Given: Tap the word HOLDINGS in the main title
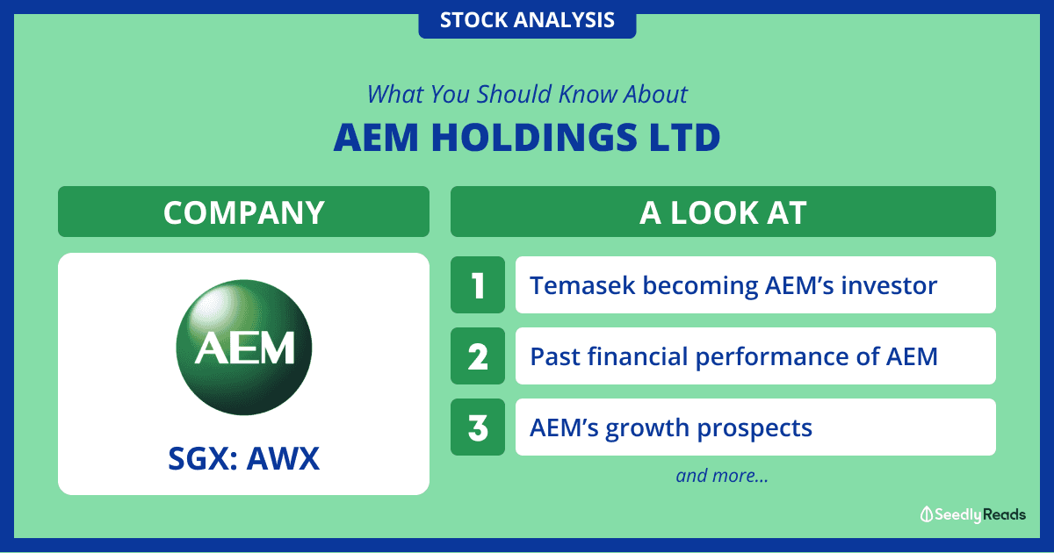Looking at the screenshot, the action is [x=535, y=138].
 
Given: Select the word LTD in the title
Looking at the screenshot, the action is [x=684, y=138].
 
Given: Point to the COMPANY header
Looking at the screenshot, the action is [x=244, y=212].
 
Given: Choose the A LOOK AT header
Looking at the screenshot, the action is [x=723, y=212].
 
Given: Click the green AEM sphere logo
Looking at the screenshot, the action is [x=244, y=348].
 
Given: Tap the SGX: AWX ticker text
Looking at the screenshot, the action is [x=244, y=458].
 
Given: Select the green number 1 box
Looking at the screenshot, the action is [x=478, y=285].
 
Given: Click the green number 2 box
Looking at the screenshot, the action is [x=478, y=356].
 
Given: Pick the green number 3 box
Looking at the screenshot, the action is [x=478, y=427].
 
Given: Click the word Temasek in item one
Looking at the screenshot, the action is [x=582, y=285].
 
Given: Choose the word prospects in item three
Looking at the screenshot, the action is [x=754, y=429].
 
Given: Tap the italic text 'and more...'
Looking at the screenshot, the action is [x=722, y=476].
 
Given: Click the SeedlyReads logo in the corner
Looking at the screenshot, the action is [x=973, y=514].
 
